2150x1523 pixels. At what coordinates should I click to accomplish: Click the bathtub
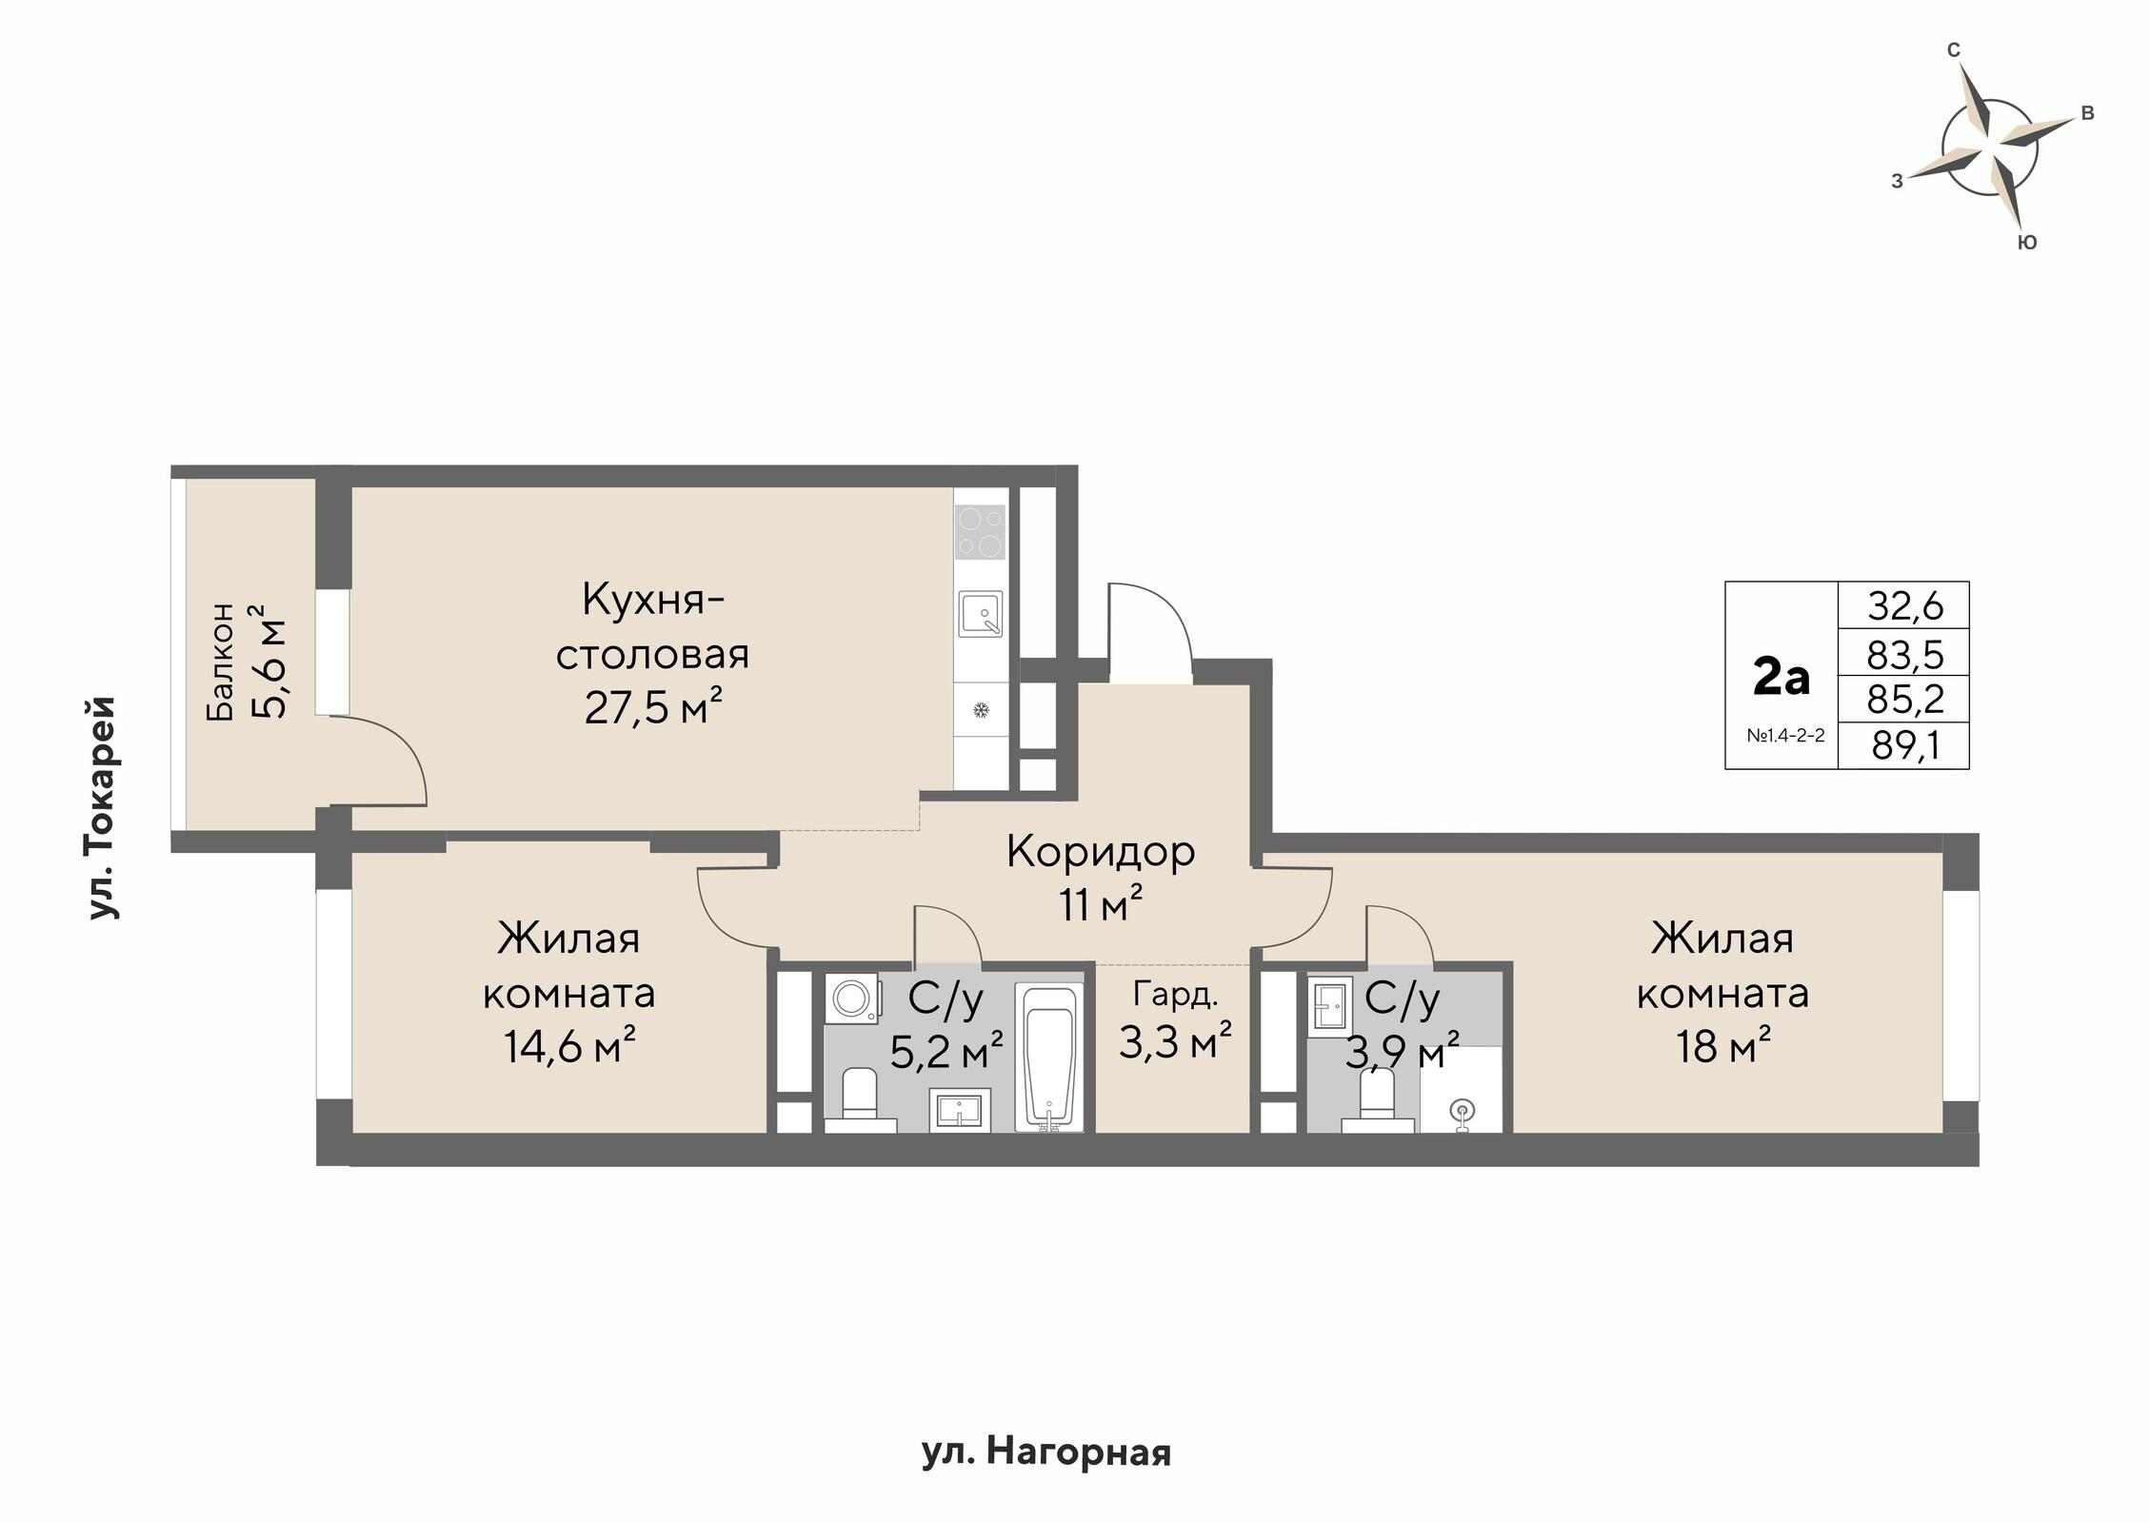[x=1048, y=1058]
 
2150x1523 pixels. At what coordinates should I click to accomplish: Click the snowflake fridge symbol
[x=980, y=710]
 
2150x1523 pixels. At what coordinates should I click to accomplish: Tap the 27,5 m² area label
[x=652, y=709]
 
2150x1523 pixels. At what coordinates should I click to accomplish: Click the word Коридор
[x=1100, y=852]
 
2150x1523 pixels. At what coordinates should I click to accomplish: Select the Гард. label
[x=1175, y=995]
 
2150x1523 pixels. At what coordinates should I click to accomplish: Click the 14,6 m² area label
[x=568, y=1048]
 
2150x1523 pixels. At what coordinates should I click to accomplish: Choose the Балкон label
[x=221, y=661]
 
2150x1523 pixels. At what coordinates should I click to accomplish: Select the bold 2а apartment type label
[x=1780, y=678]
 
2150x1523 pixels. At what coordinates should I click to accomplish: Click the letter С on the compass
[x=1953, y=50]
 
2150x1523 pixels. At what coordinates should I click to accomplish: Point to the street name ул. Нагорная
[x=1045, y=1453]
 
